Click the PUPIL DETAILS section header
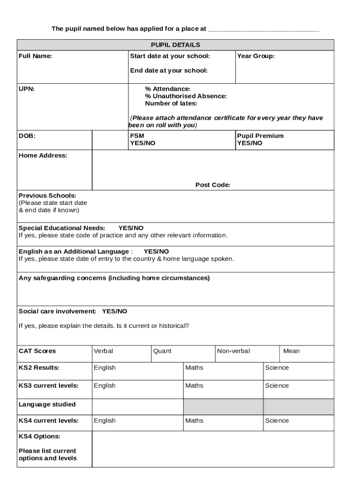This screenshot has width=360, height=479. [175, 45]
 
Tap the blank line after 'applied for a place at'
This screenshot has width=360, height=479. [263, 30]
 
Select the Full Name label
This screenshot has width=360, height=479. [36, 56]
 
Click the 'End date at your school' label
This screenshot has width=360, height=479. [169, 71]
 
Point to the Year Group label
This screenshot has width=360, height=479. [256, 56]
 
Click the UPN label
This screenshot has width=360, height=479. [26, 89]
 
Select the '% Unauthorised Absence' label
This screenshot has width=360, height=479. [186, 96]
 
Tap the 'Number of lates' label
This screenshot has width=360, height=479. [171, 103]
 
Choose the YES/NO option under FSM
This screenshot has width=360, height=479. [143, 143]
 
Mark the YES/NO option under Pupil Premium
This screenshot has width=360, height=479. [250, 143]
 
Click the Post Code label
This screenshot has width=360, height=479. [213, 185]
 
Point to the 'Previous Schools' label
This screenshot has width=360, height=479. [47, 196]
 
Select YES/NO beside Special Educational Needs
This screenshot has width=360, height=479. [131, 228]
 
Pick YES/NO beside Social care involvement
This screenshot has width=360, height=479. [115, 311]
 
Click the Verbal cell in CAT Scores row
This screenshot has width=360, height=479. [103, 351]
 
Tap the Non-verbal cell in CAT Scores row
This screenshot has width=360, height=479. [233, 351]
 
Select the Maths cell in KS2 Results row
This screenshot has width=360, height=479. [194, 368]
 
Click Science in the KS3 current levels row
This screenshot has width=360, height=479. [277, 385]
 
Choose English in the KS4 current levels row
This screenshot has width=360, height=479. [105, 421]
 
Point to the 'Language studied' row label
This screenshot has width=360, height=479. [47, 404]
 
